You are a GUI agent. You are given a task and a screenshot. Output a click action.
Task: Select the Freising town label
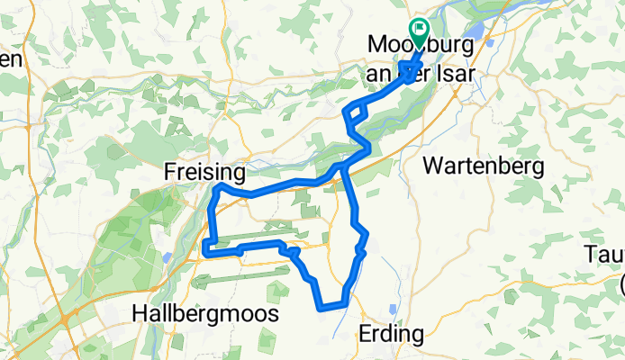(x=205, y=170)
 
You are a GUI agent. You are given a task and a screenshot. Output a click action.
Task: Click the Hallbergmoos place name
(x=204, y=314)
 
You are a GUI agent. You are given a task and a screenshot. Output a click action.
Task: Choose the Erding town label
(x=391, y=334)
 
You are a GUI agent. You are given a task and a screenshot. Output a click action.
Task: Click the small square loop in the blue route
(x=357, y=112)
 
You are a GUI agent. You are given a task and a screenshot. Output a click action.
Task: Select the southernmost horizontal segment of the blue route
(x=332, y=308)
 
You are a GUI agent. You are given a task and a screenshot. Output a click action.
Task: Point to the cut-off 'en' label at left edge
(x=9, y=60)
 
